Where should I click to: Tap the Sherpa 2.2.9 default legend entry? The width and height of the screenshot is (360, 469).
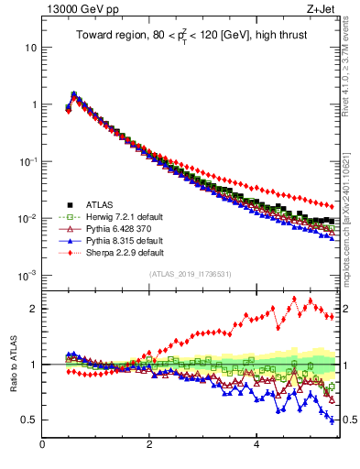(x=115, y=252)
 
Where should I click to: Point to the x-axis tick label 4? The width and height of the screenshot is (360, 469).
(x=256, y=446)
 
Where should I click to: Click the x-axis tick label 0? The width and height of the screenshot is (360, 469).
(x=42, y=446)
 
